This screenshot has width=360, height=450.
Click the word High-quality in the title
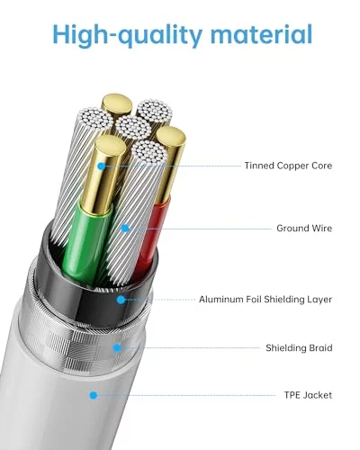[127, 34]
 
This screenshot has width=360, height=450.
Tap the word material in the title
[261, 33]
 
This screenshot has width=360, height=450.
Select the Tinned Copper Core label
[288, 166]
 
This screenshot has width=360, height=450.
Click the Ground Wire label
[304, 229]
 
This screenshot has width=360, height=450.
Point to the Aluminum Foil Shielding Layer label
[265, 300]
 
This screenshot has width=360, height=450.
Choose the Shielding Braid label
[299, 348]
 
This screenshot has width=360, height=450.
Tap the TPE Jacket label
[308, 395]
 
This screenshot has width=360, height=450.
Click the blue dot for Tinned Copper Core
[102, 166]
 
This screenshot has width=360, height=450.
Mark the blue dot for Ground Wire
[125, 229]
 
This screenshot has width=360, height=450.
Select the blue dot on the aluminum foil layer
[121, 300]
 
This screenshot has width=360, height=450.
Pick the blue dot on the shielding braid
[117, 348]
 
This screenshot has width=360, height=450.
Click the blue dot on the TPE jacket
[94, 395]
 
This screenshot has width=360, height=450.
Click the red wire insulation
[150, 237]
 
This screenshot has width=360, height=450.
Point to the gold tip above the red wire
[170, 136]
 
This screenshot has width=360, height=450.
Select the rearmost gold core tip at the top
[117, 103]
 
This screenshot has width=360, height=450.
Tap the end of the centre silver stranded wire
[133, 127]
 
